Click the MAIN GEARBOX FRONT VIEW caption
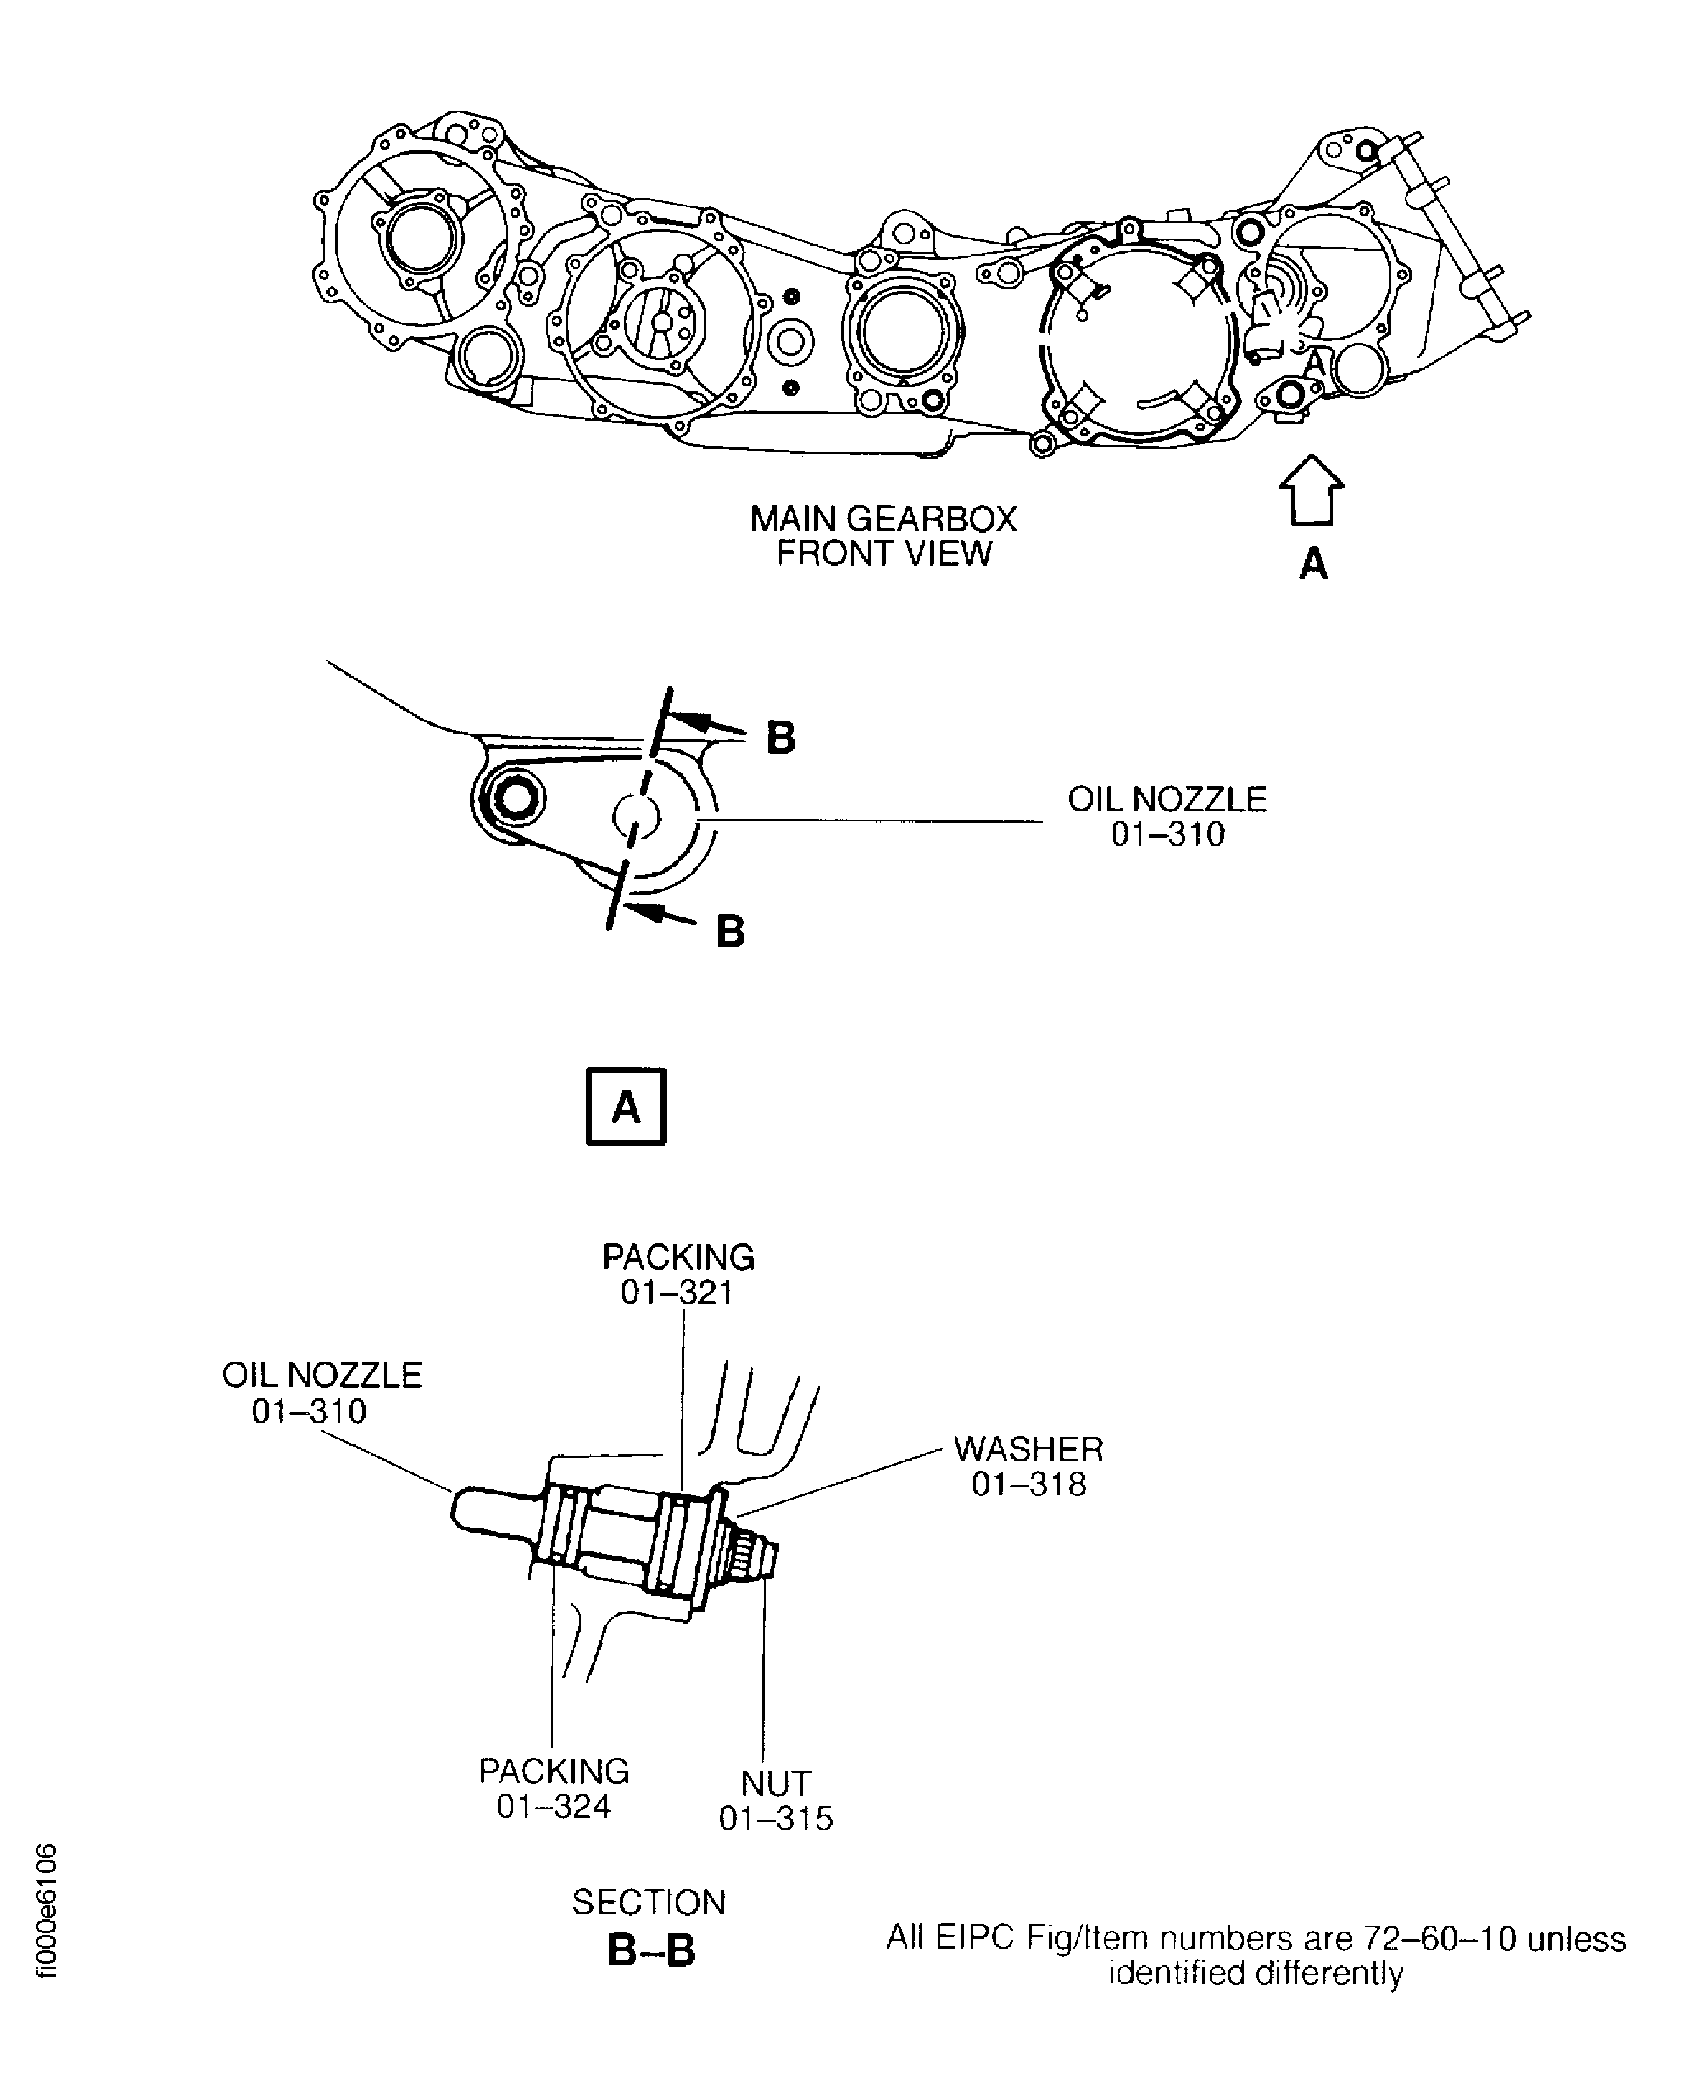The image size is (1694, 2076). [x=882, y=535]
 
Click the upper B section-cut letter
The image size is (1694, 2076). [x=781, y=738]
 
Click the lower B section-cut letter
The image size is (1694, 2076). [x=730, y=931]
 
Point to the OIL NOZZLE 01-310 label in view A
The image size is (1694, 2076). [x=1167, y=816]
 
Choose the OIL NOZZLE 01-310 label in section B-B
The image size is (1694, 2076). [x=321, y=1393]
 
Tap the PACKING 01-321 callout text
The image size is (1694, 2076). [x=678, y=1274]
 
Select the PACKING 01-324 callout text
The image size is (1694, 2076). [x=553, y=1788]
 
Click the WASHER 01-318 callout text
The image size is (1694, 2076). [x=1029, y=1466]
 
